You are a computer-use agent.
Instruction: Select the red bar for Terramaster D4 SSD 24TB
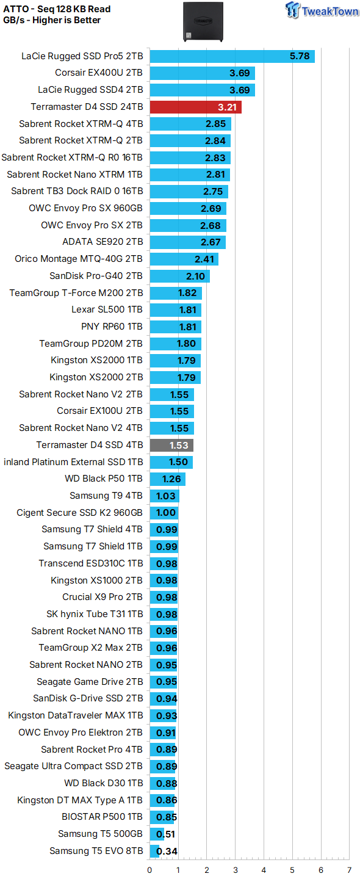click(x=195, y=107)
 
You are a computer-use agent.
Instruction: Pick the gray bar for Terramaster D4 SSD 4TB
click(x=171, y=445)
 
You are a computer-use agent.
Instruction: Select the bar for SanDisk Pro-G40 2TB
click(x=179, y=276)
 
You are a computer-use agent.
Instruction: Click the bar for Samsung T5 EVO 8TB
click(x=154, y=851)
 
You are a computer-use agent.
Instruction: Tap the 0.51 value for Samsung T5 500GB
click(x=164, y=834)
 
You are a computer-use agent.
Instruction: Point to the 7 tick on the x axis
click(x=349, y=870)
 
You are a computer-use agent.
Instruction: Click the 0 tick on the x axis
click(x=149, y=870)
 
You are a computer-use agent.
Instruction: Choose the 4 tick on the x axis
click(x=264, y=870)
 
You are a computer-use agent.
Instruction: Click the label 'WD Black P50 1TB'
click(x=104, y=479)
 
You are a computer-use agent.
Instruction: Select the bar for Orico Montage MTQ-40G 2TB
click(x=184, y=259)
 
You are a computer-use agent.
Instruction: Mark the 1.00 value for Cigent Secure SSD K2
click(x=166, y=513)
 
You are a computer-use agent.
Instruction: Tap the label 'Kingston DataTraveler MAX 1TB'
click(x=76, y=715)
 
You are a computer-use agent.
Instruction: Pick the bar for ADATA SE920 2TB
click(x=187, y=242)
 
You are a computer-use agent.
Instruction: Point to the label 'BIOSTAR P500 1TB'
click(x=102, y=816)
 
